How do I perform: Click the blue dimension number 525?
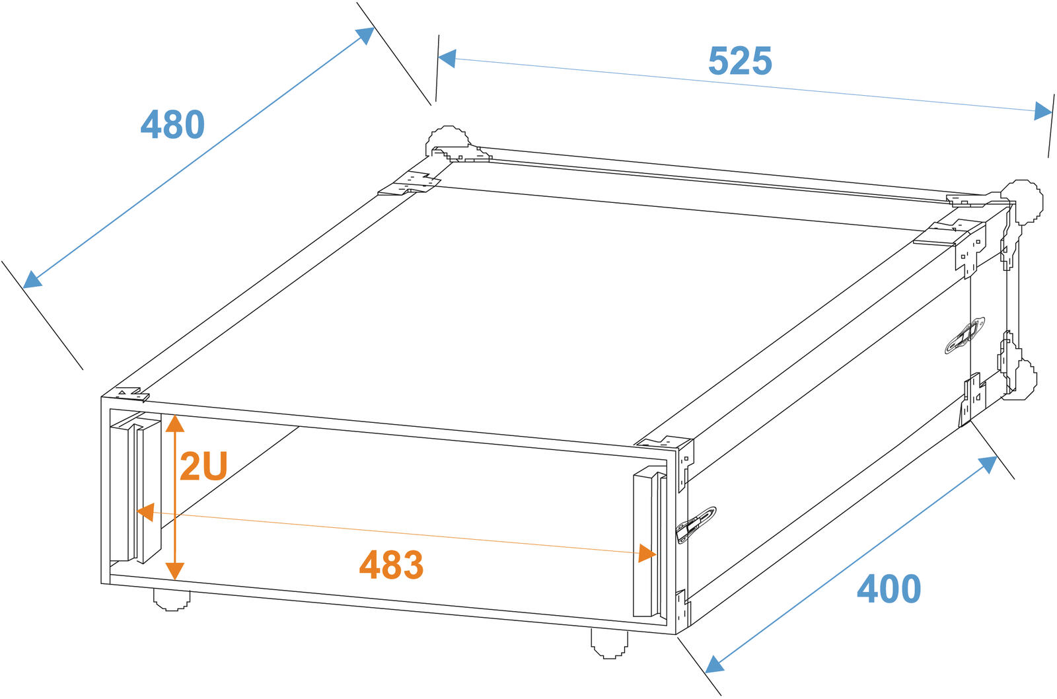740,60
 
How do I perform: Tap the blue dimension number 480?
172,124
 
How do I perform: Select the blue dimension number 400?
889,589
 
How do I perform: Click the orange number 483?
391,564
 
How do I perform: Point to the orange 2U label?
204,466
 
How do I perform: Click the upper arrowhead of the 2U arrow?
175,423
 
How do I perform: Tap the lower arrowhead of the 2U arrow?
175,571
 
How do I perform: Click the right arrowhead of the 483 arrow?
647,553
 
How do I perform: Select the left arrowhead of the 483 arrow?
145,512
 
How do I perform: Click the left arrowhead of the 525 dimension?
447,58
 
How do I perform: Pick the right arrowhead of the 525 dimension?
1043,112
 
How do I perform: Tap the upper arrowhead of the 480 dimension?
365,36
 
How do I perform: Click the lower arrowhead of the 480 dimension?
32,279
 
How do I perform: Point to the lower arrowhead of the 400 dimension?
714,664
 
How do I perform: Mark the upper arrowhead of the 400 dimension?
988,465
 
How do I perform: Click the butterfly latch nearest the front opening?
696,525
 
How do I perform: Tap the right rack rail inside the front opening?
650,541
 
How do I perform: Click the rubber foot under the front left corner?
172,600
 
